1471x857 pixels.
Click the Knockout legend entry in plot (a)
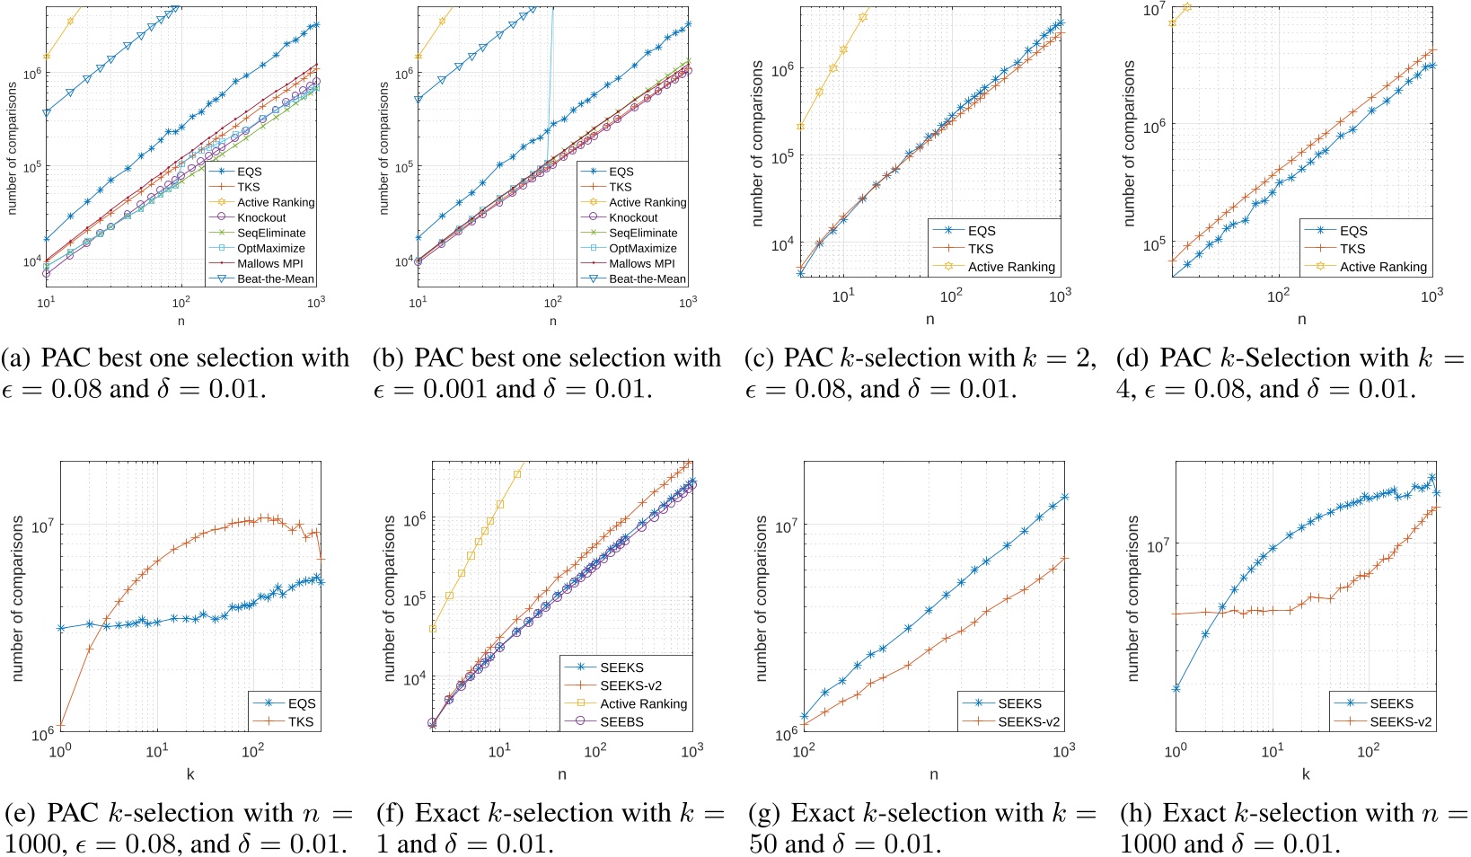point(261,217)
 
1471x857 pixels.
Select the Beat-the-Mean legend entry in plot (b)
point(647,278)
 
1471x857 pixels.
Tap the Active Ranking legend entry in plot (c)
point(1011,267)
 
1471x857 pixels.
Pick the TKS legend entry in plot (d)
point(1352,249)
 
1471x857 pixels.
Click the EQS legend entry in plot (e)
point(301,703)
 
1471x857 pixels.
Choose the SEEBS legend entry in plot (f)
point(621,721)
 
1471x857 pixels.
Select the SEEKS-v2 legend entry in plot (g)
point(1028,721)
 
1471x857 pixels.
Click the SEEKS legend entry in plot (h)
point(1391,703)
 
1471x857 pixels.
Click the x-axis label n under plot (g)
point(934,773)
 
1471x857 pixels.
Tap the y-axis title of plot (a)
point(13,148)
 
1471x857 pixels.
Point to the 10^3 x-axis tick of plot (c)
point(1061,296)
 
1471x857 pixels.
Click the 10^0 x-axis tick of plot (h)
point(1176,750)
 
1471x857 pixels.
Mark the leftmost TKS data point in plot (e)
point(61,725)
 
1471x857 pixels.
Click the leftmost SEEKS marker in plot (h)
point(1176,689)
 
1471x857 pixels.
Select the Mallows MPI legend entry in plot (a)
point(269,263)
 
